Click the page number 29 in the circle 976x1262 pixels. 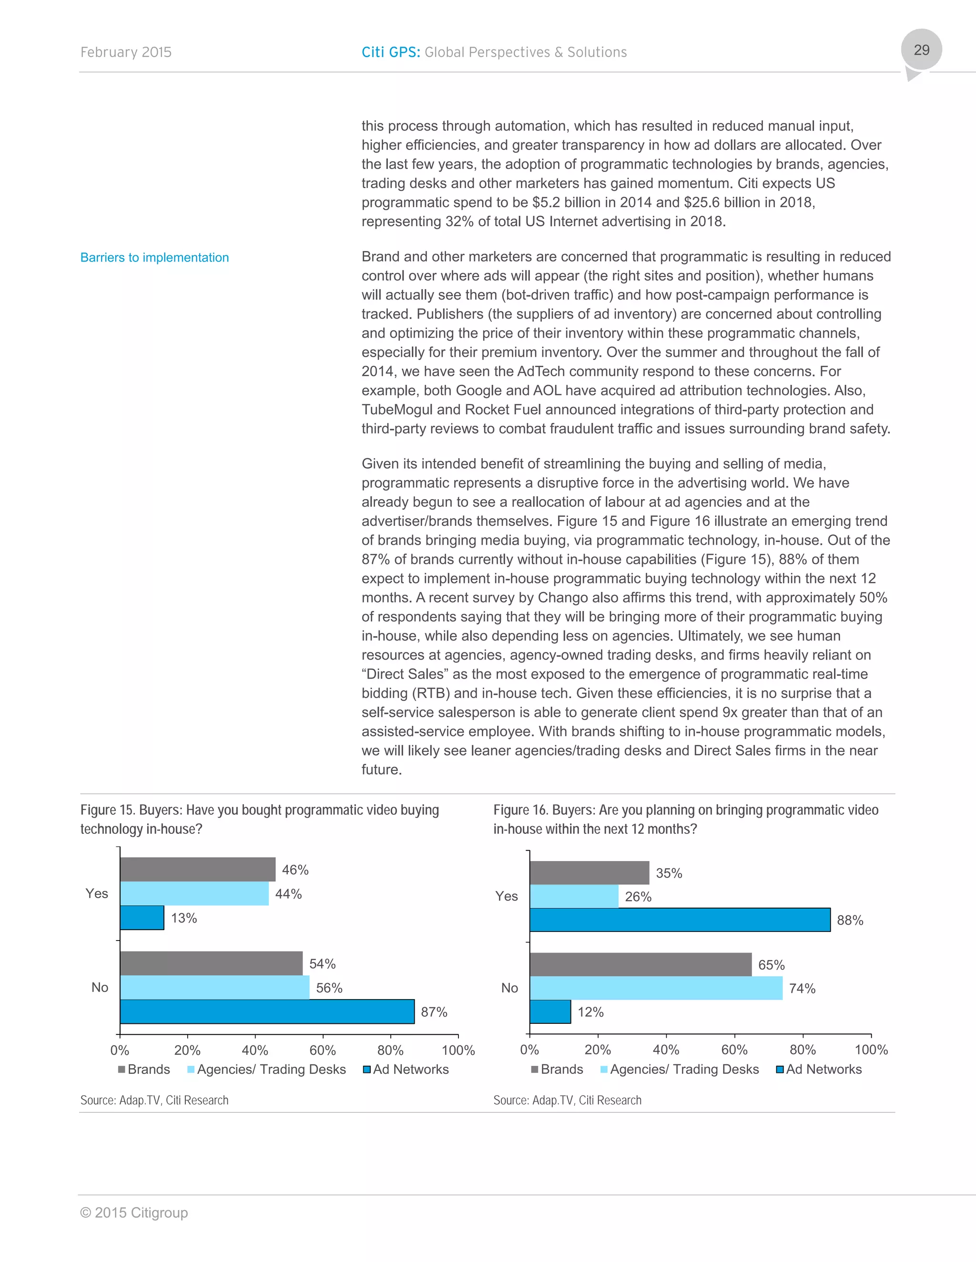[921, 50]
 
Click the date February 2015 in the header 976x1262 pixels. [125, 52]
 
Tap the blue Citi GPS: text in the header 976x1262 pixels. [390, 52]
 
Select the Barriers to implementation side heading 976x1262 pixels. [154, 258]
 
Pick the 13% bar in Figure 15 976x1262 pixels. [142, 918]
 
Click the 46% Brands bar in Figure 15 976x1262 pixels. [197, 869]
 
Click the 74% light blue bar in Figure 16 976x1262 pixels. [656, 988]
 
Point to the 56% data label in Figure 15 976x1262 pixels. [329, 988]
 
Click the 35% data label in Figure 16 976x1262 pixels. [669, 873]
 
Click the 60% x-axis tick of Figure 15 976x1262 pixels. [323, 1050]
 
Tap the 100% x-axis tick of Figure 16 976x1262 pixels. [871, 1049]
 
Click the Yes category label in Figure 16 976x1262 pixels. [507, 896]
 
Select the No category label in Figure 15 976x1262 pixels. [100, 987]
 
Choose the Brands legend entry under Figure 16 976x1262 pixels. [557, 1069]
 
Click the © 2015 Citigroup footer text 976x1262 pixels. [133, 1212]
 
